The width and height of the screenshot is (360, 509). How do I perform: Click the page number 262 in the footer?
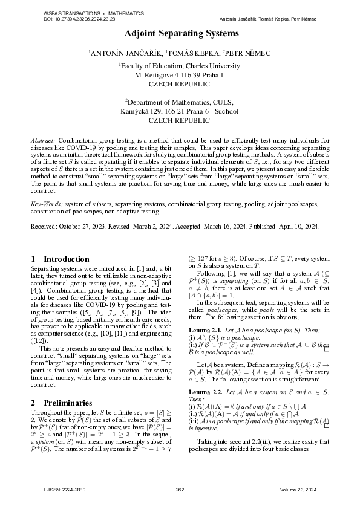point(180,489)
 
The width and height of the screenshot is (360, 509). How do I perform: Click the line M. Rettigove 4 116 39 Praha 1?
point(180,75)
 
